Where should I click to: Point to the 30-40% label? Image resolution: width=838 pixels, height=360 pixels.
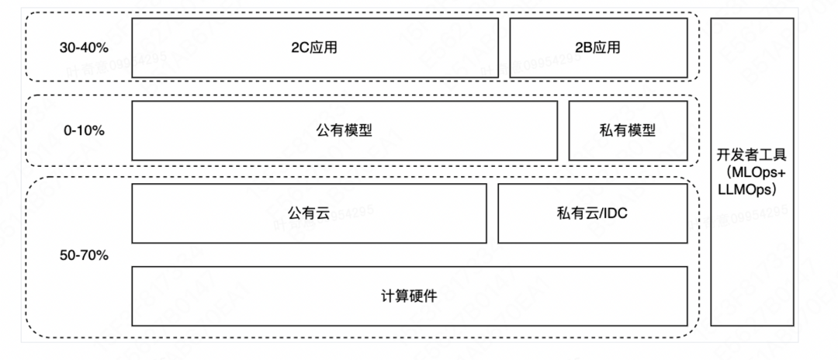click(x=84, y=47)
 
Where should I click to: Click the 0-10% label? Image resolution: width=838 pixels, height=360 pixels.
click(x=84, y=130)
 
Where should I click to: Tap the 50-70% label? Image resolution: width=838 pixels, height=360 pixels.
click(x=84, y=254)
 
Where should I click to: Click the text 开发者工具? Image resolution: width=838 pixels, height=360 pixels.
click(x=752, y=156)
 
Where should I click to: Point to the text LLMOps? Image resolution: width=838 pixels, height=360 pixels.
click(x=751, y=189)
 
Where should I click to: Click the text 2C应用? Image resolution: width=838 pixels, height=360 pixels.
click(x=314, y=47)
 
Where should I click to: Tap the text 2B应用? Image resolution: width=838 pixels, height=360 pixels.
click(x=597, y=47)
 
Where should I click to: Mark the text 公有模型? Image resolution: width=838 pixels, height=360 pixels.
click(x=344, y=130)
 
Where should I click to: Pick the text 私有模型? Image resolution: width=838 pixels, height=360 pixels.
click(x=628, y=130)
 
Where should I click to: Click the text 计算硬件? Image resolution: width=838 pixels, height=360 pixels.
click(x=409, y=296)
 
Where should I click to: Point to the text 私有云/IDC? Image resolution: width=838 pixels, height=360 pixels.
click(x=592, y=213)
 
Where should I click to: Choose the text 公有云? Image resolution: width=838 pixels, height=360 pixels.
click(x=309, y=213)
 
